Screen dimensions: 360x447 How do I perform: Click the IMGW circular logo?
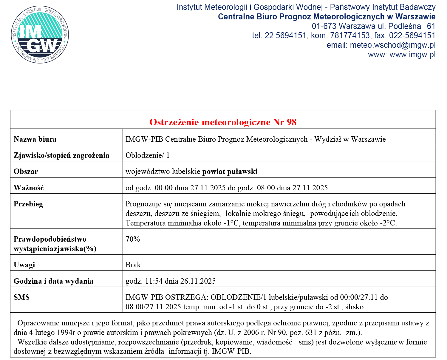tap(40, 35)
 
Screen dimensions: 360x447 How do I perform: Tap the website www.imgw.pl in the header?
tap(412, 55)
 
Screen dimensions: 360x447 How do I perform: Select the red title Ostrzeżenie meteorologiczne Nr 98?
tap(223, 122)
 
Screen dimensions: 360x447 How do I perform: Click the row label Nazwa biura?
tap(35, 139)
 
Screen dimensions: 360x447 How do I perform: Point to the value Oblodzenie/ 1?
tap(147, 155)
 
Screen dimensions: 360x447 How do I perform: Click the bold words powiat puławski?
tap(230, 171)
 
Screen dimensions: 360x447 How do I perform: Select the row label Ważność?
tap(29, 188)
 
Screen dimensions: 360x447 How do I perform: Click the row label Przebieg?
tap(28, 204)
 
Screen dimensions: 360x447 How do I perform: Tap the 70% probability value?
tap(133, 239)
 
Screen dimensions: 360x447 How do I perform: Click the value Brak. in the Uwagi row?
tap(134, 265)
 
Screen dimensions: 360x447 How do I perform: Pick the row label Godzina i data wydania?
tap(53, 281)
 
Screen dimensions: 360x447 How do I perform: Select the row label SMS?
tap(21, 297)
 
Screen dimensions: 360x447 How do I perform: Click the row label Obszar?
tap(26, 171)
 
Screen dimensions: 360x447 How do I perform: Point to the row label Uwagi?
tap(24, 265)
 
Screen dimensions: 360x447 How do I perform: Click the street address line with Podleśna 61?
tap(373, 26)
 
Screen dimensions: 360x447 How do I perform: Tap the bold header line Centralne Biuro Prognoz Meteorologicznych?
tap(327, 17)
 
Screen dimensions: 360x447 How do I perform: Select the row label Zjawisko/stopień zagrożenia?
tap(61, 155)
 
